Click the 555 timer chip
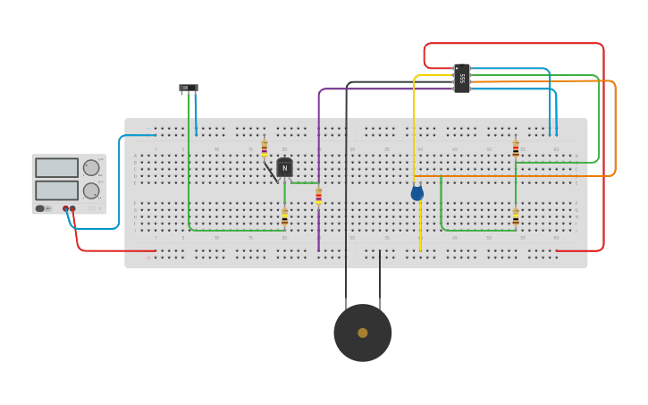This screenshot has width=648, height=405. [461, 78]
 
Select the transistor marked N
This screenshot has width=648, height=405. [284, 167]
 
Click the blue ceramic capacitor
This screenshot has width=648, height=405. [417, 192]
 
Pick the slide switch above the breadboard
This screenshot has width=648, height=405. [188, 88]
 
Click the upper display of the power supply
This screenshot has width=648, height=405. [56, 167]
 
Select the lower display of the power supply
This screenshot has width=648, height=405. [56, 190]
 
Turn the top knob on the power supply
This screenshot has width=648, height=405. [91, 167]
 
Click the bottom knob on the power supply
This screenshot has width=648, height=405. [91, 190]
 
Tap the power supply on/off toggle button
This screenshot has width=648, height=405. [40, 208]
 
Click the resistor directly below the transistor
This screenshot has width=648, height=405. [284, 216]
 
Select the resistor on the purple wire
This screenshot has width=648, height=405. [318, 196]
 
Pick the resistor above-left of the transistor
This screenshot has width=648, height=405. [264, 148]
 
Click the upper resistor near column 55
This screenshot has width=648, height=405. [516, 149]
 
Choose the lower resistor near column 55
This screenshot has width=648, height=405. [516, 216]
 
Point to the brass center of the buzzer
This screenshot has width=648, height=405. [362, 333]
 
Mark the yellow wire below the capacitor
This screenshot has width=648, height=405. [420, 228]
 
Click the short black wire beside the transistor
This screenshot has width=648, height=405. [271, 173]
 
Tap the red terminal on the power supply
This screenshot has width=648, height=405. [72, 209]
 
